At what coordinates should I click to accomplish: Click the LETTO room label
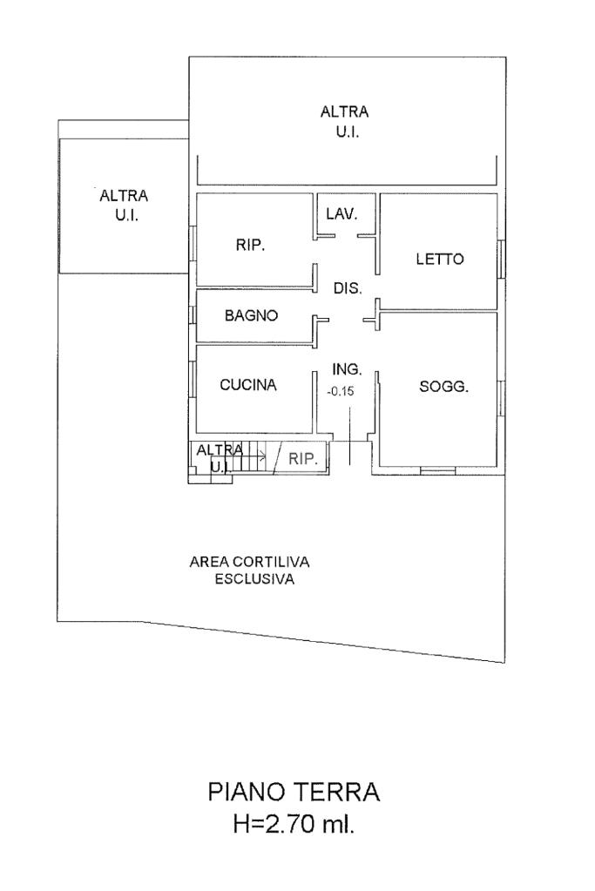[x=440, y=259]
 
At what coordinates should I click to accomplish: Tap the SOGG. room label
[x=444, y=388]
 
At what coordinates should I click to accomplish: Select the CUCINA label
[x=248, y=384]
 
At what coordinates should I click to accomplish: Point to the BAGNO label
[x=251, y=316]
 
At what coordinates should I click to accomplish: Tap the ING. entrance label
[x=348, y=368]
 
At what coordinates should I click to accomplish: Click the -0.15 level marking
[x=341, y=391]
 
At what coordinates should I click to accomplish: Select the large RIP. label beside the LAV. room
[x=250, y=246]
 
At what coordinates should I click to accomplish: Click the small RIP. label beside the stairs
[x=303, y=459]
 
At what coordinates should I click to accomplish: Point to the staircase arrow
[x=256, y=456]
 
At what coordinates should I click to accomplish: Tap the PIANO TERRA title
[x=294, y=793]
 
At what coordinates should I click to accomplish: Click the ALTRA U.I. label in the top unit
[x=345, y=122]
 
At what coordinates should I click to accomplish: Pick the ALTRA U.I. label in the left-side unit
[x=124, y=205]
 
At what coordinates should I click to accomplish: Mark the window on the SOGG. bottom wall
[x=437, y=471]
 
